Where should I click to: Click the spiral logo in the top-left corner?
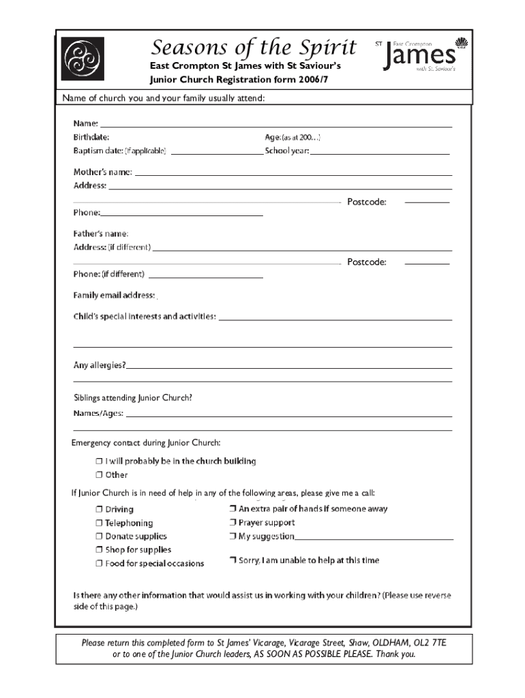(82, 59)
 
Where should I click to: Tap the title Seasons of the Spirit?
(254, 48)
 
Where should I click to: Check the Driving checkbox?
(99, 509)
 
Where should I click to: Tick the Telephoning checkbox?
(99, 523)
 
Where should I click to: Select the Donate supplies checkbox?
(99, 536)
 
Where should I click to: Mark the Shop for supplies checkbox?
(99, 549)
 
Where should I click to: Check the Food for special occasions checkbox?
(99, 564)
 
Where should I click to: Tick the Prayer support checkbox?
(232, 523)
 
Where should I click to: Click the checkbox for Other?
(99, 475)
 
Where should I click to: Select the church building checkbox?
(99, 461)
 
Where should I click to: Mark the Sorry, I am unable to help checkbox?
(232, 560)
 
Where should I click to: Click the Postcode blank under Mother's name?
(427, 202)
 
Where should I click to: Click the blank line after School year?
(380, 154)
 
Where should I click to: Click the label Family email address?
(114, 295)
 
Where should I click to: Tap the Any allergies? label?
(100, 365)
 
